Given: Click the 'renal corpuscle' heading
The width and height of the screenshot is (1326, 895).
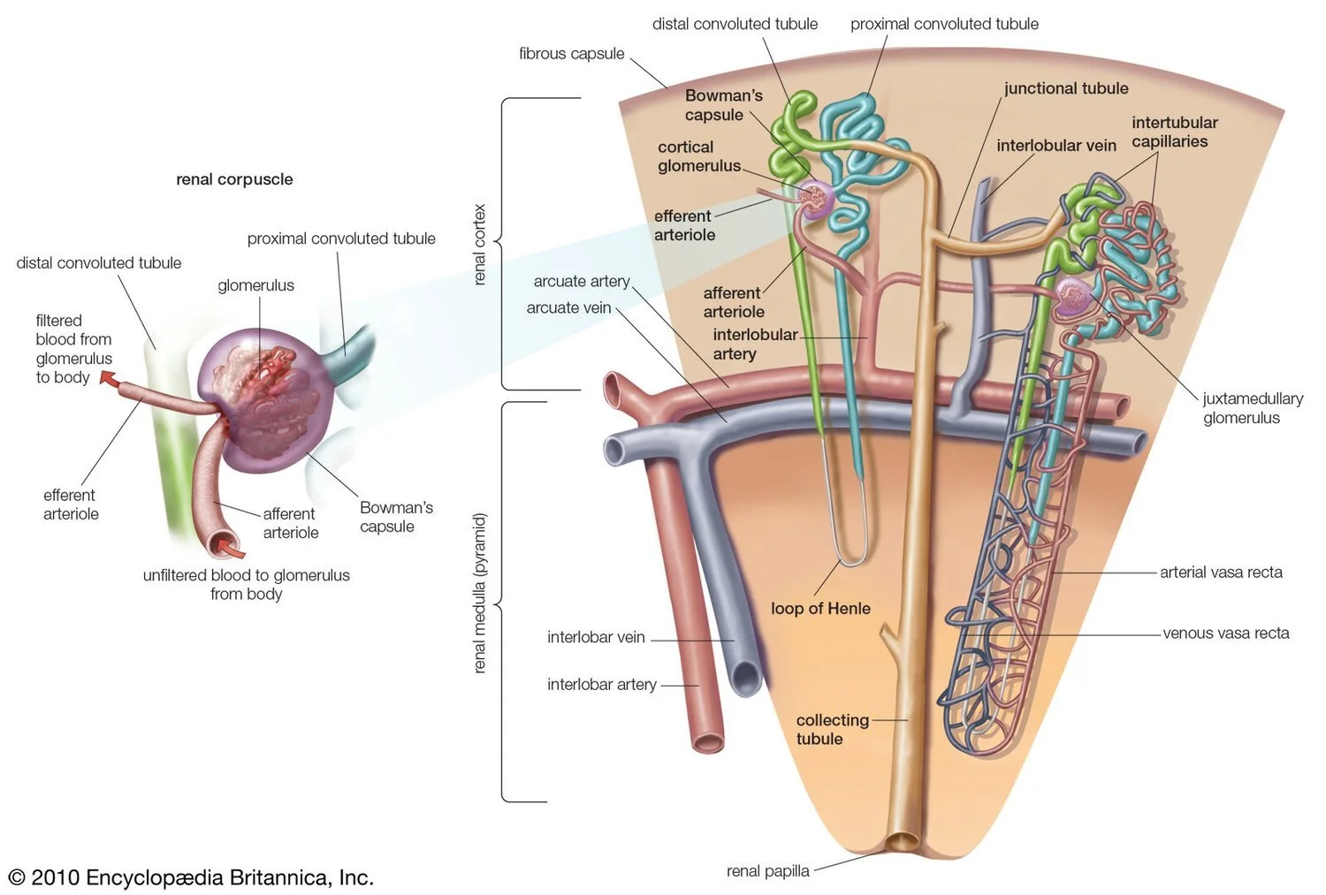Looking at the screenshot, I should click(234, 179).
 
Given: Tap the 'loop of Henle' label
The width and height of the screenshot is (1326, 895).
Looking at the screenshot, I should click(820, 609).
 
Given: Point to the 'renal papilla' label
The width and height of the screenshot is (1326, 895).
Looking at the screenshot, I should click(767, 871).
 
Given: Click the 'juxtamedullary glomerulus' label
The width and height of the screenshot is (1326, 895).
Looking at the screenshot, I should click(1252, 408).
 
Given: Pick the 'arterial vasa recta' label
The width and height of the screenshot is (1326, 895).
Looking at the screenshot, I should click(1221, 573).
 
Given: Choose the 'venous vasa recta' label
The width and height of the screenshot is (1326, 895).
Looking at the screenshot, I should click(1225, 633).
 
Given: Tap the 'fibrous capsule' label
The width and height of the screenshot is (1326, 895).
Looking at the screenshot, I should click(571, 54).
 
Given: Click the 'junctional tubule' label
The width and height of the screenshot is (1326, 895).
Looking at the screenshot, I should click(1065, 88).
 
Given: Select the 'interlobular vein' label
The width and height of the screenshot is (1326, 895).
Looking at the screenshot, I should click(1055, 146).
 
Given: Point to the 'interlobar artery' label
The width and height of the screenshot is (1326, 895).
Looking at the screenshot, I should click(601, 685).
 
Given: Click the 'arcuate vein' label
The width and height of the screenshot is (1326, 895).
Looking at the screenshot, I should click(568, 308).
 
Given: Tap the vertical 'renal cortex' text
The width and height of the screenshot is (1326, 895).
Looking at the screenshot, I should click(480, 245).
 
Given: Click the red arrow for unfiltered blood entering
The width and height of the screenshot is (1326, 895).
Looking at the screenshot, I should click(232, 549).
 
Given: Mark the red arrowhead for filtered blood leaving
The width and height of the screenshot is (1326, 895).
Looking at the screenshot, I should click(108, 380).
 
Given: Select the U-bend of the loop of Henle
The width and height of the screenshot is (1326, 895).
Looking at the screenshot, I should click(852, 558).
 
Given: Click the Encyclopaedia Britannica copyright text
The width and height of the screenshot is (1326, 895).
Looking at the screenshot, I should click(191, 877).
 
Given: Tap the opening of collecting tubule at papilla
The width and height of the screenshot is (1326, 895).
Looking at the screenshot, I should click(904, 841).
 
